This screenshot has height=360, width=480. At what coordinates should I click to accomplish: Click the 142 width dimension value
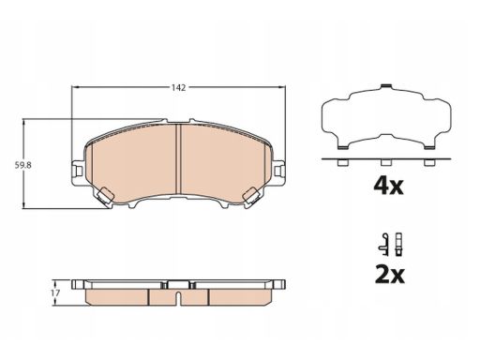[x=177, y=86]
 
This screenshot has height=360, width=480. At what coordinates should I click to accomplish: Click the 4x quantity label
[x=386, y=185]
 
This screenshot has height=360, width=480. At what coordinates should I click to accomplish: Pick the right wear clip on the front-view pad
[x=250, y=196]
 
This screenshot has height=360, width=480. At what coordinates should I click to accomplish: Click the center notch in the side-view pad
[x=178, y=296]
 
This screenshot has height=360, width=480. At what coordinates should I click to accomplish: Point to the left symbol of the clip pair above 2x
[x=382, y=242]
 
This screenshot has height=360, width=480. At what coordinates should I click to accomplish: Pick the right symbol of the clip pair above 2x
[x=398, y=241]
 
